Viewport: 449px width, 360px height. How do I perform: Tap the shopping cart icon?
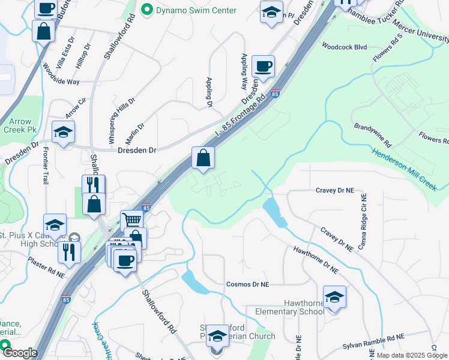(x=132, y=220)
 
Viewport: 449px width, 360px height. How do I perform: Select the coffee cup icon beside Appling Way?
(x=263, y=66)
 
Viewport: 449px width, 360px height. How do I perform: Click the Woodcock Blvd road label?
(x=344, y=46)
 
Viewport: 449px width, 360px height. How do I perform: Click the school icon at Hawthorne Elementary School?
(x=334, y=296)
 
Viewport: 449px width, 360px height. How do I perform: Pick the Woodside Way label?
(x=61, y=75)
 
